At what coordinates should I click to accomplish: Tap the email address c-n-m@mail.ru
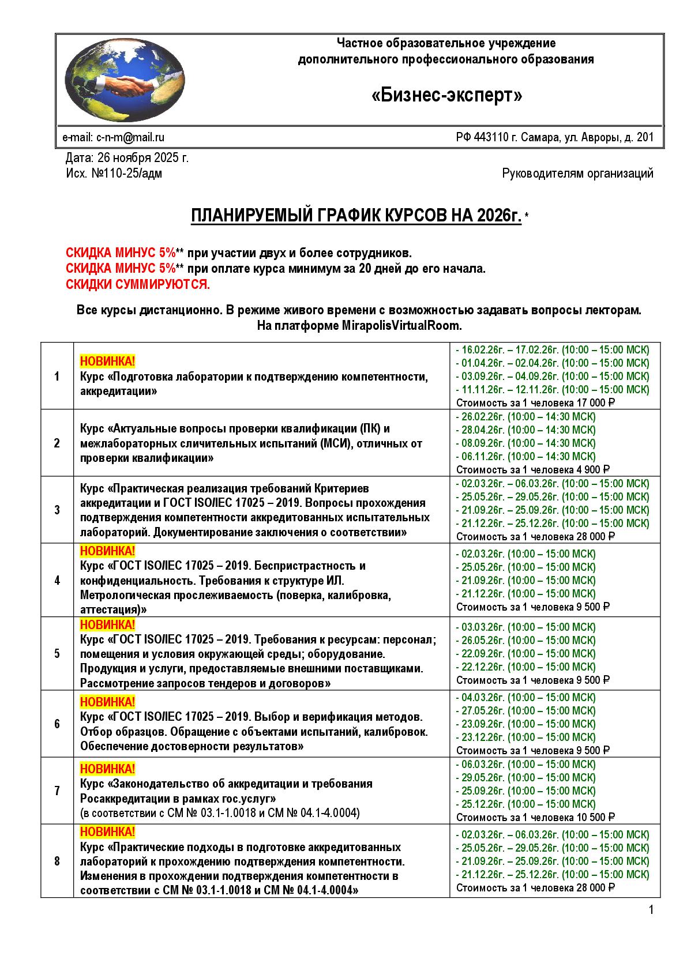click(130, 137)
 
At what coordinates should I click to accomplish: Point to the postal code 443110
click(490, 137)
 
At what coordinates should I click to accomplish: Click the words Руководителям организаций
click(577, 173)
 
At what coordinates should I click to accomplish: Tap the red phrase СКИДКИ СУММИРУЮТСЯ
click(138, 284)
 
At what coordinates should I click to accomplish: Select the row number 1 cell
click(57, 377)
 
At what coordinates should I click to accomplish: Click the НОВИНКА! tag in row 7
click(107, 769)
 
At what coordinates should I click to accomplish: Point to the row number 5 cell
click(57, 653)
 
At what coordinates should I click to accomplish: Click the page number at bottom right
click(651, 910)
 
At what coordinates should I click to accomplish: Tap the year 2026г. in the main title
click(499, 216)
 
